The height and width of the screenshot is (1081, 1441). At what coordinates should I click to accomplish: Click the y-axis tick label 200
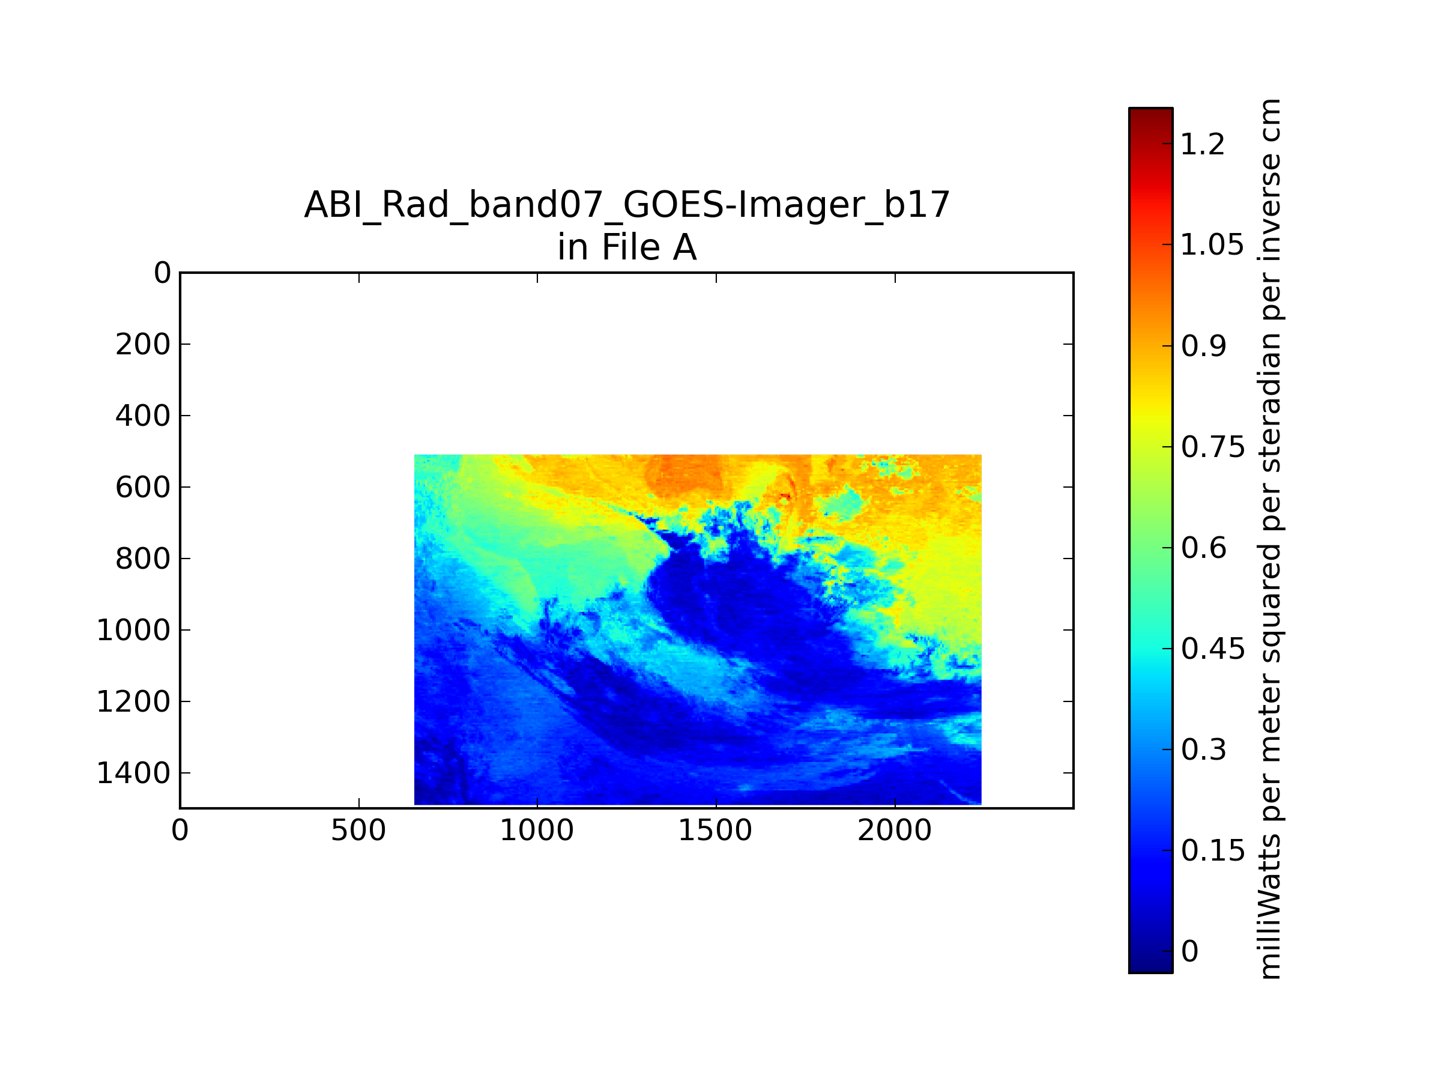(x=143, y=344)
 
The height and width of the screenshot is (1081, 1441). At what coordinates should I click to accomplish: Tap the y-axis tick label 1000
(x=133, y=630)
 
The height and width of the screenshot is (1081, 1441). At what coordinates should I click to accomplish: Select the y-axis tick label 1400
(x=133, y=773)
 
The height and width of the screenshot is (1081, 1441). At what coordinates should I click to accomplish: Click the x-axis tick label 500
(x=358, y=831)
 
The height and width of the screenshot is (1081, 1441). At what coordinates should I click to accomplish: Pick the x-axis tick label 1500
(x=715, y=831)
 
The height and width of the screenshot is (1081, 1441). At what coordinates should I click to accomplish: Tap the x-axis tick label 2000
(x=895, y=831)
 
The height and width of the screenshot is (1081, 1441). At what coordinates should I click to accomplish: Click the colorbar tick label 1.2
(x=1203, y=144)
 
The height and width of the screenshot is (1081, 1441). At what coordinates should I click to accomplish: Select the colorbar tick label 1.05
(x=1212, y=245)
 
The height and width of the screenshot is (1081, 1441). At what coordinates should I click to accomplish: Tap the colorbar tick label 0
(x=1189, y=951)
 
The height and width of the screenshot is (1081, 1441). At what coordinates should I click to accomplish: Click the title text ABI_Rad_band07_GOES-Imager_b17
(x=627, y=205)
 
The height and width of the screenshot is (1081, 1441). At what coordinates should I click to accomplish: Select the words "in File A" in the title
(x=627, y=247)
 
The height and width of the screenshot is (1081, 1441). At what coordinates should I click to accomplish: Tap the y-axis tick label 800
(x=143, y=559)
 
